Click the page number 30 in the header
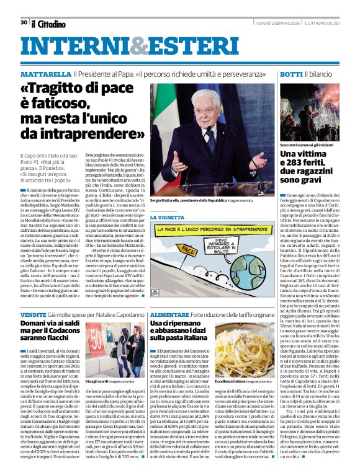tap(23, 23)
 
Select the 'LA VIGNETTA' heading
tap(166, 217)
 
